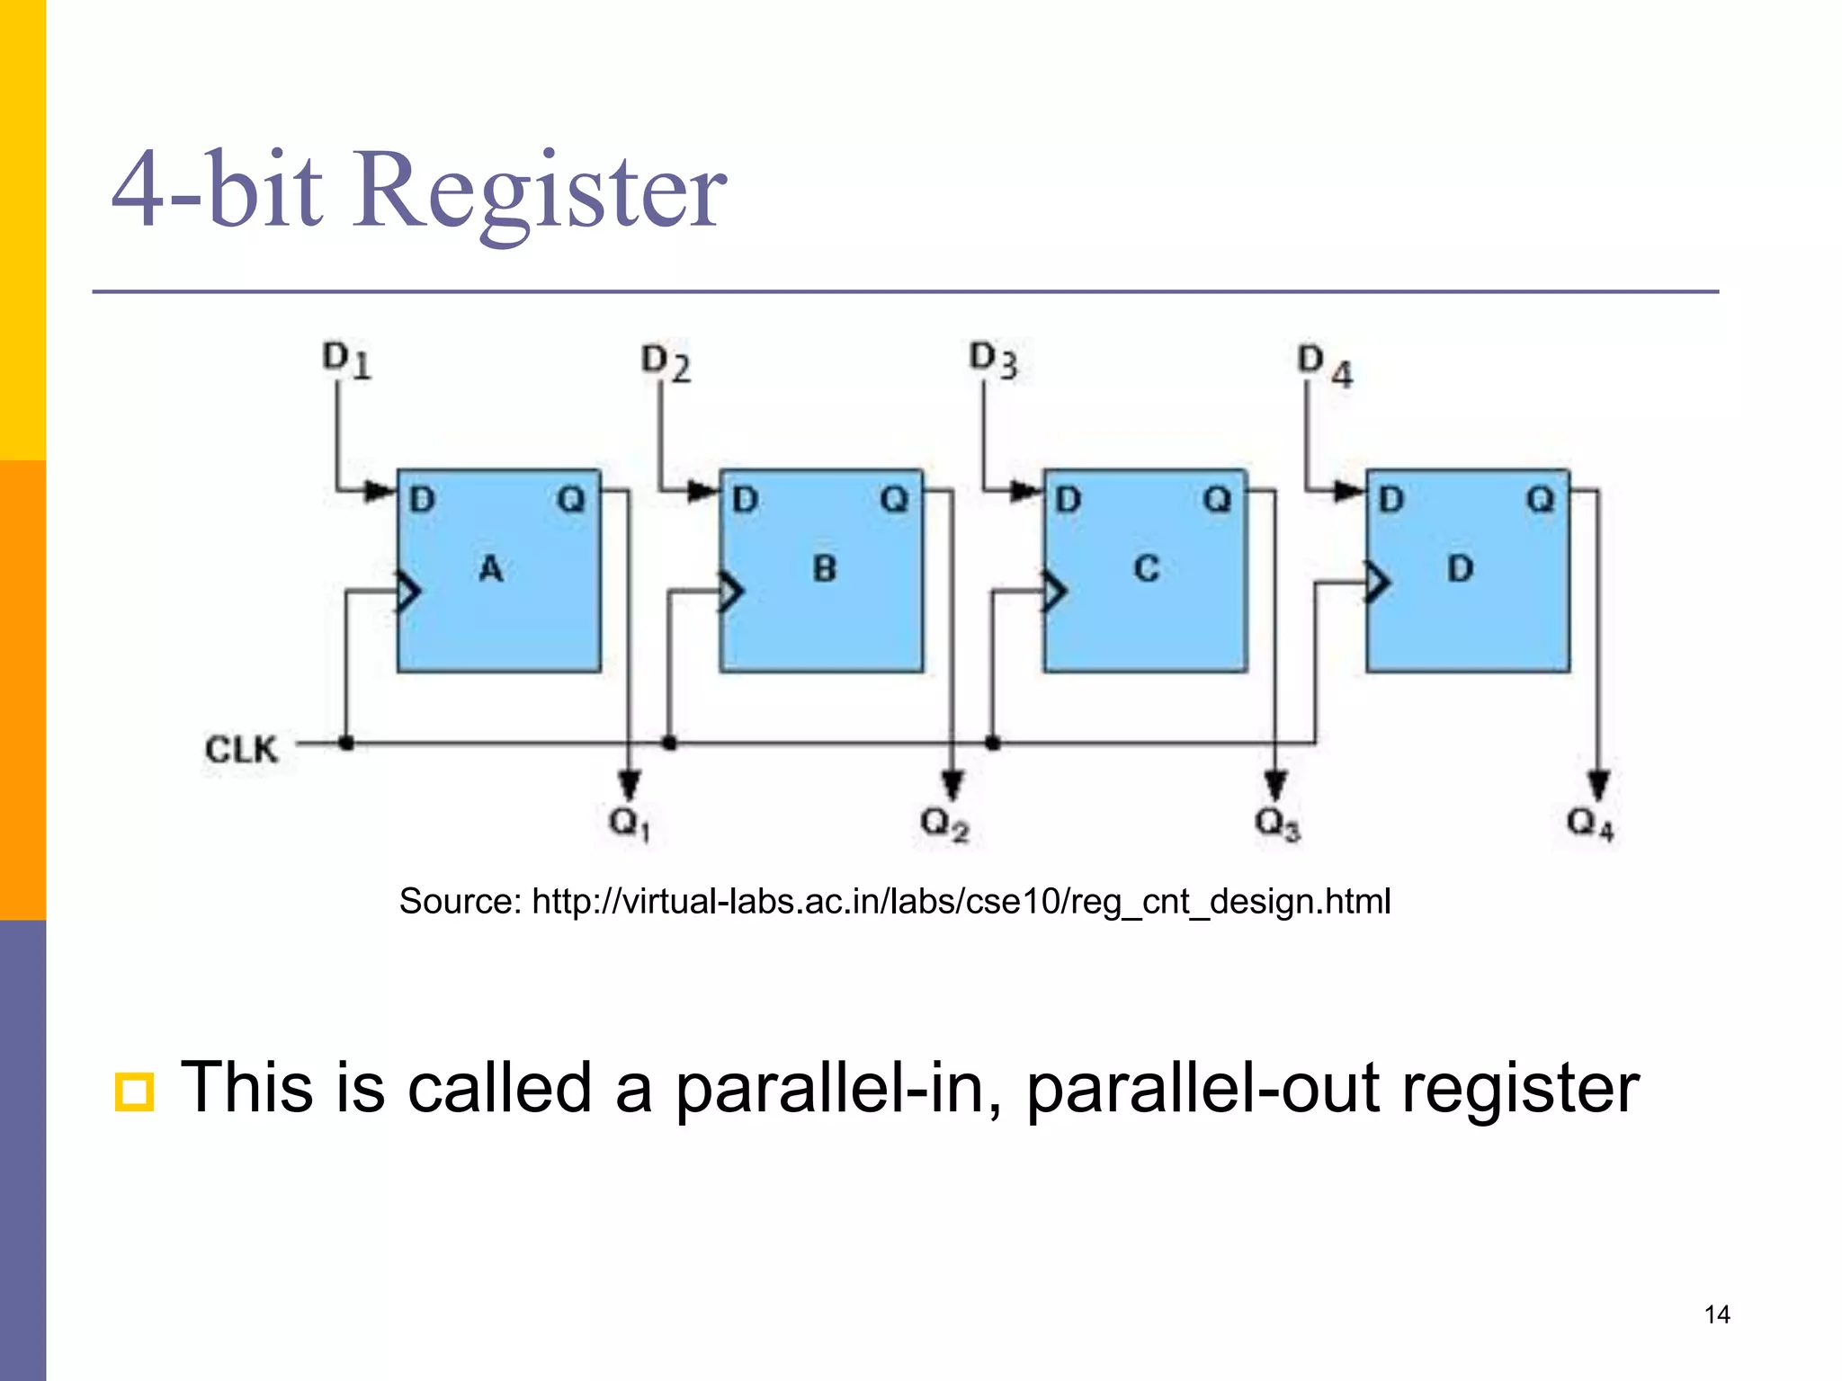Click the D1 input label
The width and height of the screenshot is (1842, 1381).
coord(347,361)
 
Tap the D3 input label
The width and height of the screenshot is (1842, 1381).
coord(993,361)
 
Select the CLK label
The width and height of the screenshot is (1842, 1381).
coord(241,749)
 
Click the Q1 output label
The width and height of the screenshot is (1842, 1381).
coord(629,823)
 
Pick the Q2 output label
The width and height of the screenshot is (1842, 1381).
coord(944,823)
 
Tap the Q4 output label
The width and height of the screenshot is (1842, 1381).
coord(1589,823)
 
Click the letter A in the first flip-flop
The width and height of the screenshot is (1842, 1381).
coord(490,568)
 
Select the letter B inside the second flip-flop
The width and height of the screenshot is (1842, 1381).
coord(824,568)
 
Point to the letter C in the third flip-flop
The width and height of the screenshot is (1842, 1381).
coord(1147,568)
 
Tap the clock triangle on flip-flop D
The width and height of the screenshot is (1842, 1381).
coord(1377,583)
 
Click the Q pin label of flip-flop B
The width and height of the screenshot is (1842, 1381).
coord(894,499)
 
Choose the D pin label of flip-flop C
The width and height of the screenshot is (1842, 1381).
coord(1068,499)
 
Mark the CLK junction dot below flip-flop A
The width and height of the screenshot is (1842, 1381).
coord(346,743)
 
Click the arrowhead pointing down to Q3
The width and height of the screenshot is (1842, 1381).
coord(1275,784)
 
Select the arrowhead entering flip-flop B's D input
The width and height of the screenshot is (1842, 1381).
coord(703,491)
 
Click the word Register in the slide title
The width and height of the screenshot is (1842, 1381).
coord(540,191)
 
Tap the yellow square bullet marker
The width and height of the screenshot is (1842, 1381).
coord(135,1091)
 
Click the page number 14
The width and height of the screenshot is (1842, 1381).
coord(1717,1314)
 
